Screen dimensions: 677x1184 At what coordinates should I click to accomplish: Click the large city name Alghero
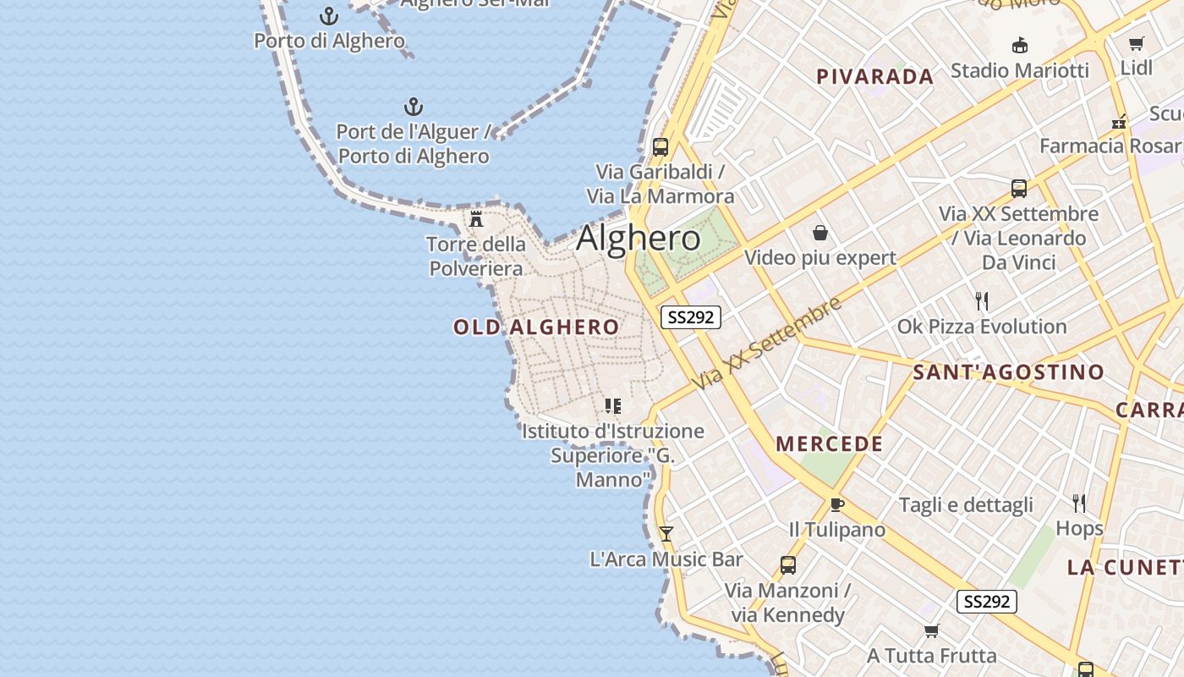coord(639,239)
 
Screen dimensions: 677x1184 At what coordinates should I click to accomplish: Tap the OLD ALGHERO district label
coord(536,327)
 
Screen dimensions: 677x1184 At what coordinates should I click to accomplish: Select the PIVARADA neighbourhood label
coord(874,77)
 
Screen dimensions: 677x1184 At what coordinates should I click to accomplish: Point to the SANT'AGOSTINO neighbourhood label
coord(1008,372)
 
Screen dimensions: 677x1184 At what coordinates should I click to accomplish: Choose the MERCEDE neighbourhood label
coord(829,444)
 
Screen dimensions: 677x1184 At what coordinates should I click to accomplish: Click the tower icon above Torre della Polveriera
coord(476,219)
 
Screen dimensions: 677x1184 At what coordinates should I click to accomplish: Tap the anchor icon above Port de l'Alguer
coord(413,107)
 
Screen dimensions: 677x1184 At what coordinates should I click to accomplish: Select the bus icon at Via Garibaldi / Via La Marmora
coord(661,147)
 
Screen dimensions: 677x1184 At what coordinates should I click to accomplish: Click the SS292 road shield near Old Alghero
coord(690,317)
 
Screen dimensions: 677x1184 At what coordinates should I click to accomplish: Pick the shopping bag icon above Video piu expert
coord(819,233)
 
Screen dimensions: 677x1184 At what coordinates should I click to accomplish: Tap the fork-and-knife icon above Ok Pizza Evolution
coord(982,301)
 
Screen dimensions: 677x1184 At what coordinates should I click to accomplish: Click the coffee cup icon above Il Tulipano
coord(836,505)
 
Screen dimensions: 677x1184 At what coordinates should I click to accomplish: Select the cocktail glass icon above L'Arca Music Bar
coord(666,534)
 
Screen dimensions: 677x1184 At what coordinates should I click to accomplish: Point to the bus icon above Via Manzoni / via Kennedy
coord(787,565)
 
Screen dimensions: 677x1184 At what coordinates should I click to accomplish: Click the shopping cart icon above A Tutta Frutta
coord(931,630)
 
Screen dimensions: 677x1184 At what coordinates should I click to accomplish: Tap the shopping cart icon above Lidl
coord(1136,43)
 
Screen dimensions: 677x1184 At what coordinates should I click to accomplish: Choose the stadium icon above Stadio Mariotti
coord(1019,46)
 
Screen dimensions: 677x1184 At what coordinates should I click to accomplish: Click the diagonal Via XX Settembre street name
coord(767,343)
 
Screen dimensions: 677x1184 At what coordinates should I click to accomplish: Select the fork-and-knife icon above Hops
coord(1079,504)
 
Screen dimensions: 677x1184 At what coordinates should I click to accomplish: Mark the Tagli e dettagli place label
coord(966,505)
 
